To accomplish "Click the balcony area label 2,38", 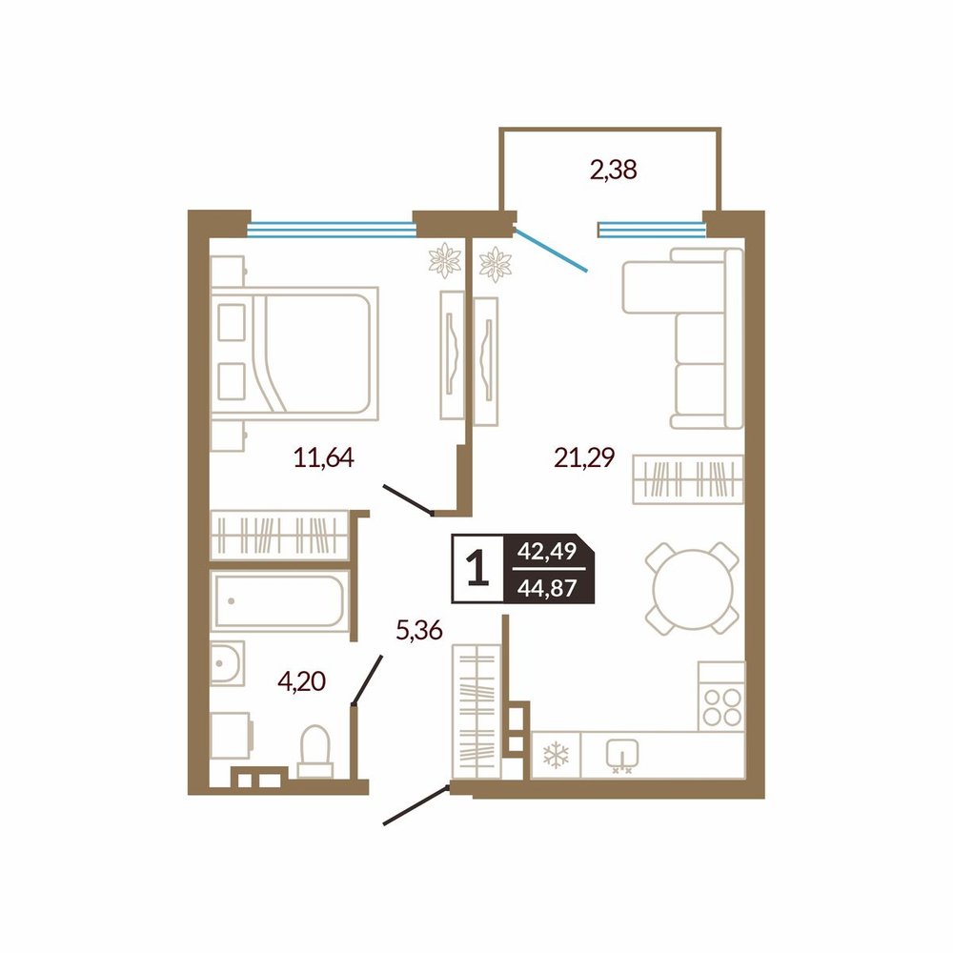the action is tap(613, 170).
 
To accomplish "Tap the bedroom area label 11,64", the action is tap(323, 457).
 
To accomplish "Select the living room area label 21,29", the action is tap(584, 457).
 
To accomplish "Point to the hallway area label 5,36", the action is tap(418, 630).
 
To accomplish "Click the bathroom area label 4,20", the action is tap(302, 681).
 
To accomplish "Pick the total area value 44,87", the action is tap(547, 588).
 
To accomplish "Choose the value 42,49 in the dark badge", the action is tap(547, 551).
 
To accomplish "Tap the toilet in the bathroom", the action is tap(315, 751).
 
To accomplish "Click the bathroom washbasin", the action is tap(228, 663).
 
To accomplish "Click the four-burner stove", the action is tap(721, 696).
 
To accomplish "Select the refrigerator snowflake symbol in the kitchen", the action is tap(556, 755).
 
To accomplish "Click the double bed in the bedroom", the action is tap(294, 354).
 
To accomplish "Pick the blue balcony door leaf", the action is tap(551, 248).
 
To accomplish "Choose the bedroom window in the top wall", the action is tap(332, 229).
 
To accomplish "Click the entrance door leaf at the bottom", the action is tap(416, 805).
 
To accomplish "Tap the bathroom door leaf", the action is tap(368, 680).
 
